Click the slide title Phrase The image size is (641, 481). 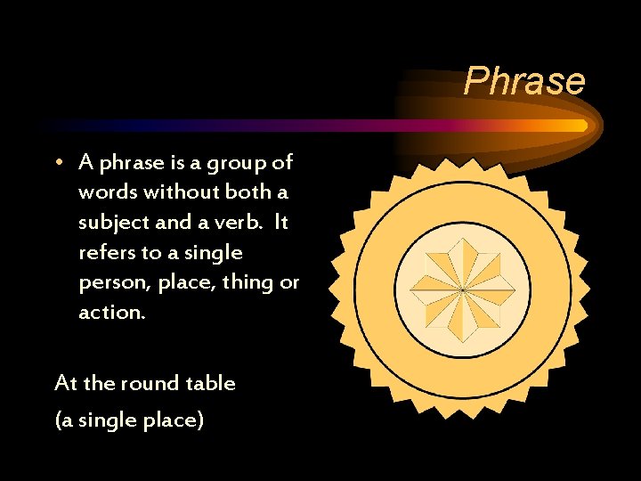pos(524,81)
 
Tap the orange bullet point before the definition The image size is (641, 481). pos(58,163)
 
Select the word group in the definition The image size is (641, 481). pos(230,163)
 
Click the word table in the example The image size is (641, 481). pos(210,383)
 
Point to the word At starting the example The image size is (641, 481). pos(66,384)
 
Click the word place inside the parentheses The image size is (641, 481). pos(173,420)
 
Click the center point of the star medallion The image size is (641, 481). pos(463,289)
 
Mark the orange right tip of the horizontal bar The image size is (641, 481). pos(582,126)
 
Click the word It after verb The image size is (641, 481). pos(280,223)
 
